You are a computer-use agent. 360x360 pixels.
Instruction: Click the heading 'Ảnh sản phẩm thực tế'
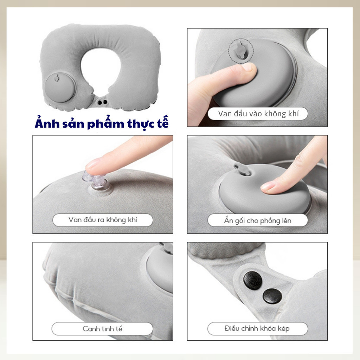click(x=102, y=123)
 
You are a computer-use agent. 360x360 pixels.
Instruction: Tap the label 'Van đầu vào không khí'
click(x=258, y=114)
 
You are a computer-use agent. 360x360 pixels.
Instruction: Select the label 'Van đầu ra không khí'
click(x=103, y=220)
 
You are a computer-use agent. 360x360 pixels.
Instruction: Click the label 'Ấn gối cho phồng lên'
click(x=258, y=220)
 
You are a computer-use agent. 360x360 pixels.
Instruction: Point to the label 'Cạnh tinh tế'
click(x=102, y=329)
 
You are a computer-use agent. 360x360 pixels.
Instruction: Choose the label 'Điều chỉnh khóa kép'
click(x=257, y=328)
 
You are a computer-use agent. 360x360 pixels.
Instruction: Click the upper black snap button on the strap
click(x=253, y=280)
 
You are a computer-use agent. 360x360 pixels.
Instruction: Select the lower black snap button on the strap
click(x=272, y=296)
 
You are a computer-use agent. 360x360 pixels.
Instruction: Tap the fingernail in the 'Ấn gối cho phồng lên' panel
click(x=268, y=186)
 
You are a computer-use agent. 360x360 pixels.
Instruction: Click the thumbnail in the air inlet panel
click(x=247, y=67)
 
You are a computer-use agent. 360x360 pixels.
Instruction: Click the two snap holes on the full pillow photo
click(x=102, y=102)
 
